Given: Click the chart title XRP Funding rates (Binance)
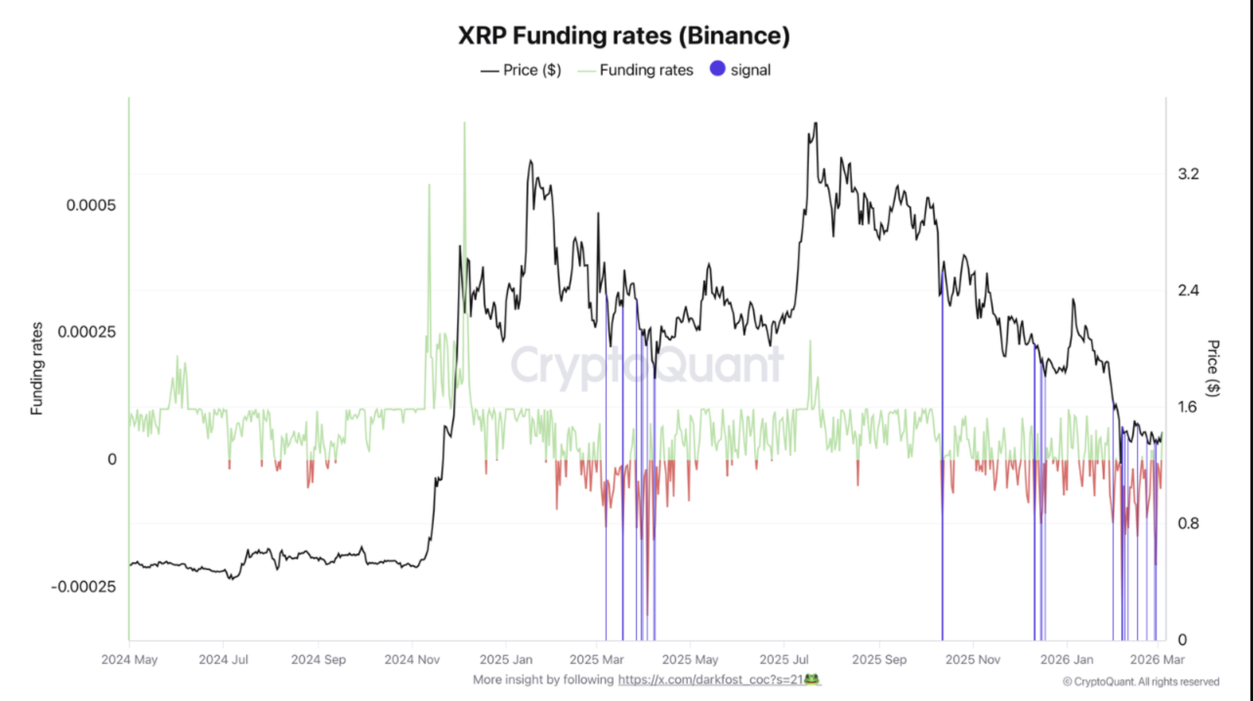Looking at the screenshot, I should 624,36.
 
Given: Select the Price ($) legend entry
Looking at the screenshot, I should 531,70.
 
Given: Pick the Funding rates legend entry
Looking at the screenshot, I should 645,70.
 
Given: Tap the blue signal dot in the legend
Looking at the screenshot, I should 717,69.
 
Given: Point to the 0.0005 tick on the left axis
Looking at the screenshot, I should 91,205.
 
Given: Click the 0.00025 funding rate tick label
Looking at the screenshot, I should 87,332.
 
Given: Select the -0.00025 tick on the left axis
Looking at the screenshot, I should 83,586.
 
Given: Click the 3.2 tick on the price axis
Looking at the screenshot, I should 1188,174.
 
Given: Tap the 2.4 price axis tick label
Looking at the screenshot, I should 1188,291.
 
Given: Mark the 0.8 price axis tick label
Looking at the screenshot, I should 1188,524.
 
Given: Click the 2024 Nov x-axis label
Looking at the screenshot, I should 412,659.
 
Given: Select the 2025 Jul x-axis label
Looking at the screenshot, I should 784,659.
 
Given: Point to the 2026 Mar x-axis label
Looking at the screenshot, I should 1157,659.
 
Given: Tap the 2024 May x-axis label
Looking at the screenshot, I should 130,659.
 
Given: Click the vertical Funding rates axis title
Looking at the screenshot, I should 36,368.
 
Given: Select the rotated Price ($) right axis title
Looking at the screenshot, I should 1213,368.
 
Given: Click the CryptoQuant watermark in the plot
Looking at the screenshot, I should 647,365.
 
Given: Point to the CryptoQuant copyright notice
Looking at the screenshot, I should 1141,681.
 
